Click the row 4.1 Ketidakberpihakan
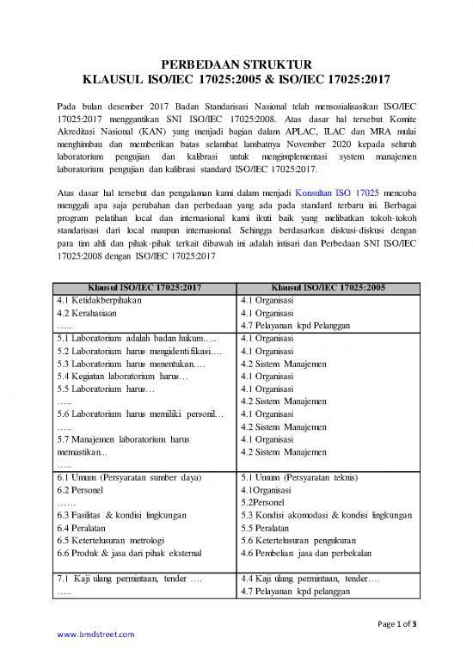pyautogui.click(x=98, y=301)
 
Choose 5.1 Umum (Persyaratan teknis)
pyautogui.click(x=305, y=477)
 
